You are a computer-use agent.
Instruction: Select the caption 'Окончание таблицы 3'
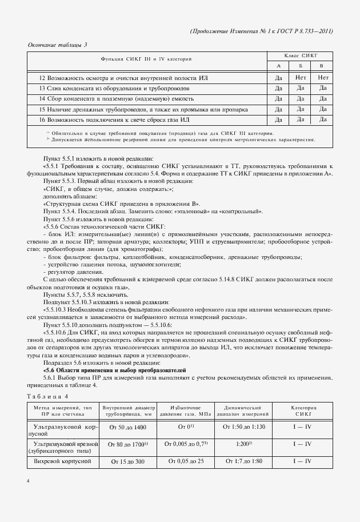[58, 45]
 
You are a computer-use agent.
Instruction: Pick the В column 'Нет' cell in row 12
[323, 77]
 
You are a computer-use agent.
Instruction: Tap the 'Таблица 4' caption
[48, 396]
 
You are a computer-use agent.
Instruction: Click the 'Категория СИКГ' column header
[303, 410]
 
